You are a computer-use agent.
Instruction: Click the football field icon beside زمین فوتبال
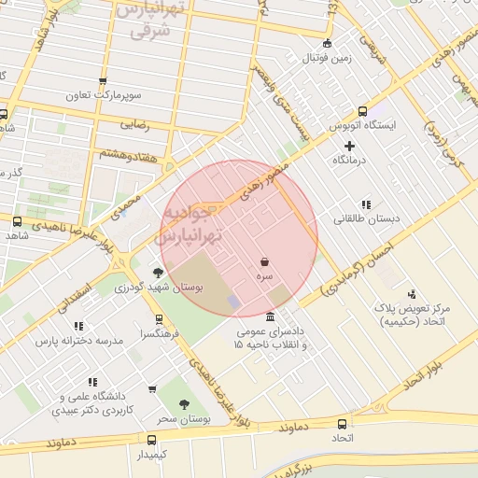(x=326, y=44)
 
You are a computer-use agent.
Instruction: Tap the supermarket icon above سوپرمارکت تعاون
(x=103, y=81)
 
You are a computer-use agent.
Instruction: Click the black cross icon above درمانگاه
(x=350, y=146)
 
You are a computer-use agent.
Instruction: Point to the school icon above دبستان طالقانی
(x=365, y=204)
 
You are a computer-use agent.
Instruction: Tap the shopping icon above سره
(x=266, y=262)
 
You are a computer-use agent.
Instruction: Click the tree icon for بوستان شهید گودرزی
(x=157, y=272)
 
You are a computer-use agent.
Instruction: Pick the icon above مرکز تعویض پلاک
(x=413, y=293)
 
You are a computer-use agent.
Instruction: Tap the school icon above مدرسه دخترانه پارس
(x=78, y=326)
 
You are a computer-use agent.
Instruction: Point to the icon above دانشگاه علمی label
(x=92, y=382)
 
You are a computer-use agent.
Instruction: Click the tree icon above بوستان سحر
(x=184, y=404)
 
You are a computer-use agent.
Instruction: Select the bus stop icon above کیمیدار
(x=151, y=439)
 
